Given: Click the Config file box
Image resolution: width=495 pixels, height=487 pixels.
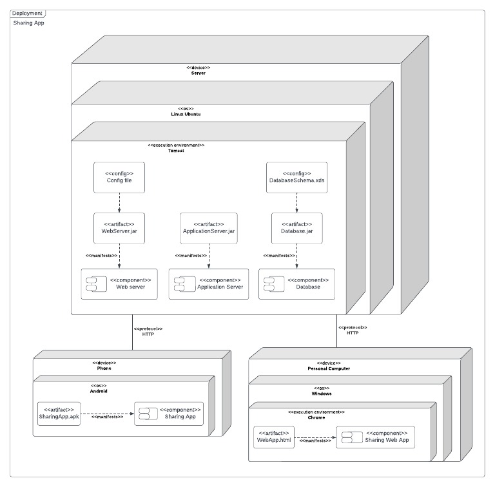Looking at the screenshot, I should (119, 177).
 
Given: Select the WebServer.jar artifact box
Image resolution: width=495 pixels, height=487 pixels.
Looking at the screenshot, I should (119, 228).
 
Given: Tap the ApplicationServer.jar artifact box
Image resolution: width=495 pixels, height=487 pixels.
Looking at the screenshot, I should (209, 228).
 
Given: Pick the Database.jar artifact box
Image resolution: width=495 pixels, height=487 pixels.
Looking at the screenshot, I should (296, 228).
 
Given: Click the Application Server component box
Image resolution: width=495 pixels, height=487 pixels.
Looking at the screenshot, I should (208, 284).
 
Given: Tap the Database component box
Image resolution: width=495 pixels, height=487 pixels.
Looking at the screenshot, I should (297, 284).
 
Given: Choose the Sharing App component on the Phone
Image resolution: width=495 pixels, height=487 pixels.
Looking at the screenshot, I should (168, 414).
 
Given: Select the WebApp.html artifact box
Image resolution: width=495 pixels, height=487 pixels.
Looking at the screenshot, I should (274, 437).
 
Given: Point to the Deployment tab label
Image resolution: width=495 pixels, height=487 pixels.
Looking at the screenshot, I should (28, 13).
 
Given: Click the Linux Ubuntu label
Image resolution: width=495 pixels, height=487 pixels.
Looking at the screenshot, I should (185, 114).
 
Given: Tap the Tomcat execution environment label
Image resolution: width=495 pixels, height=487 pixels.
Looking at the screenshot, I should (176, 150).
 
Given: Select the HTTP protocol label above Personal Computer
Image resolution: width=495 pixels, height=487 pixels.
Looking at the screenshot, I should (353, 333).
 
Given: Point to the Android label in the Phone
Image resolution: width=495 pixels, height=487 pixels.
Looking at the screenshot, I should (98, 391).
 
